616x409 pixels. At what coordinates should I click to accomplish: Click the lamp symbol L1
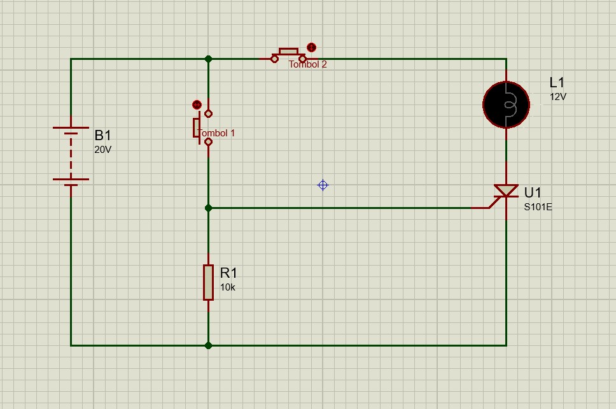[506, 105]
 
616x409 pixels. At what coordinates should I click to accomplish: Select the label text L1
[557, 83]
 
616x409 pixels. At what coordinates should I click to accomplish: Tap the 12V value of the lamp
[558, 97]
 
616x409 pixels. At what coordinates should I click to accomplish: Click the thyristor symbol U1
[506, 192]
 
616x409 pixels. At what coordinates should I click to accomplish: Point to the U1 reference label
[533, 192]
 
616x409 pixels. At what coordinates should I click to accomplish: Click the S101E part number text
[538, 207]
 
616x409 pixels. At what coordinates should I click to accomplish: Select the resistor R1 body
[208, 282]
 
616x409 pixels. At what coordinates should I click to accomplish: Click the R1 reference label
[228, 273]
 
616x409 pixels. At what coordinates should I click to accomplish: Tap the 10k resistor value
[228, 287]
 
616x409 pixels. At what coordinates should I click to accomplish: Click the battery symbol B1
[71, 156]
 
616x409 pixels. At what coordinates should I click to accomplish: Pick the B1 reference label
[102, 135]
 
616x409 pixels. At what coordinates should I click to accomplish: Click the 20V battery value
[102, 150]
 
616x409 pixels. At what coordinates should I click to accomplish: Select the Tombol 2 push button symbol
[288, 55]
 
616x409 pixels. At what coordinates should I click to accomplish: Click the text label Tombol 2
[307, 64]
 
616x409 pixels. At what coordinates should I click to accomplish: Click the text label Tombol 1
[217, 133]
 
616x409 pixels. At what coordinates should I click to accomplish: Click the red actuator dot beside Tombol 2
[311, 48]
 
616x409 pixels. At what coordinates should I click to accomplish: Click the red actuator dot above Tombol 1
[197, 104]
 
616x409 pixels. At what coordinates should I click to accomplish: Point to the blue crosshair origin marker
[323, 185]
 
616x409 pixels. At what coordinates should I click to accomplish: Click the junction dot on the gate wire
[208, 208]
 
